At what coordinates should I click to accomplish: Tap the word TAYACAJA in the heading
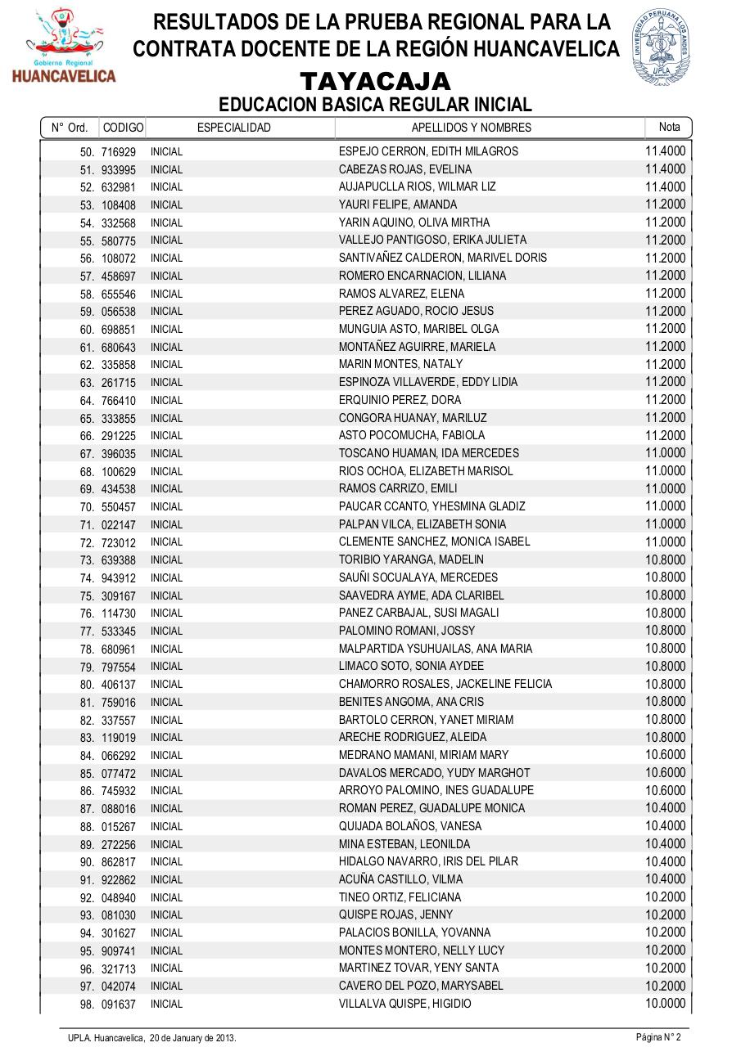pyautogui.click(x=376, y=82)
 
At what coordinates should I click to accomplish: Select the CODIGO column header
pyautogui.click(x=123, y=128)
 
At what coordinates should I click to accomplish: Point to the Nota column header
pyautogui.click(x=669, y=127)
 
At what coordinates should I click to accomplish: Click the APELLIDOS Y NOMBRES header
pyautogui.click(x=471, y=128)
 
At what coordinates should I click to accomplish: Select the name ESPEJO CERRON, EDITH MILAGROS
pyautogui.click(x=428, y=151)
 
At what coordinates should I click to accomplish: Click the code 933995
pyautogui.click(x=119, y=170)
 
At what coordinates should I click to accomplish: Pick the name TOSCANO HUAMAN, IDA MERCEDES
pyautogui.click(x=429, y=453)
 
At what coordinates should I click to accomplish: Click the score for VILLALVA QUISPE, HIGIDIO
pyautogui.click(x=665, y=1003)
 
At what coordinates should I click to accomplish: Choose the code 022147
pyautogui.click(x=119, y=524)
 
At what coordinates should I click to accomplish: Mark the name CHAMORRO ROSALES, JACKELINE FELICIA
pyautogui.click(x=445, y=684)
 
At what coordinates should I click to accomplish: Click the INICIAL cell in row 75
pyautogui.click(x=166, y=595)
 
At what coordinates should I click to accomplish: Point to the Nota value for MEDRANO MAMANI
pyautogui.click(x=665, y=755)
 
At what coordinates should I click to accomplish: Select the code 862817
pyautogui.click(x=119, y=862)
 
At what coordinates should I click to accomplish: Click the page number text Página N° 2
pyautogui.click(x=658, y=1037)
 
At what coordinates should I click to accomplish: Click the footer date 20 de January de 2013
pyautogui.click(x=192, y=1037)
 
